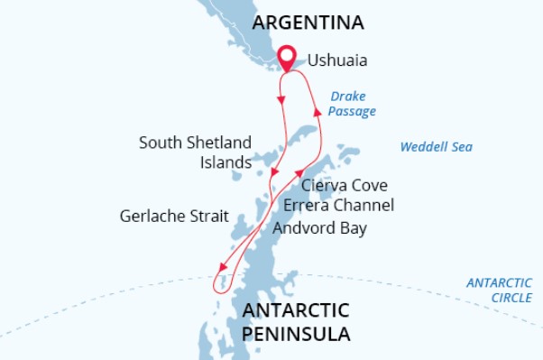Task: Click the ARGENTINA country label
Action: click(x=308, y=22)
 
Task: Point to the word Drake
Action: click(x=348, y=96)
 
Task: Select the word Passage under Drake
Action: click(x=352, y=112)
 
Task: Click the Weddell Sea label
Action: click(x=437, y=146)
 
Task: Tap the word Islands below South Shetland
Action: click(x=225, y=163)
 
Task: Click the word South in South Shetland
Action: click(x=159, y=143)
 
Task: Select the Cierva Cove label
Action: click(x=345, y=186)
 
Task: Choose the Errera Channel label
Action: click(x=338, y=206)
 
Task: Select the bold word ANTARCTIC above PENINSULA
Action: click(x=295, y=311)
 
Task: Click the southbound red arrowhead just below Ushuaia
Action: click(x=282, y=97)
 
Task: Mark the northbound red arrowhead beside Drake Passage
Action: click(x=316, y=110)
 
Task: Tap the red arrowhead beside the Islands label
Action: click(x=275, y=172)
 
